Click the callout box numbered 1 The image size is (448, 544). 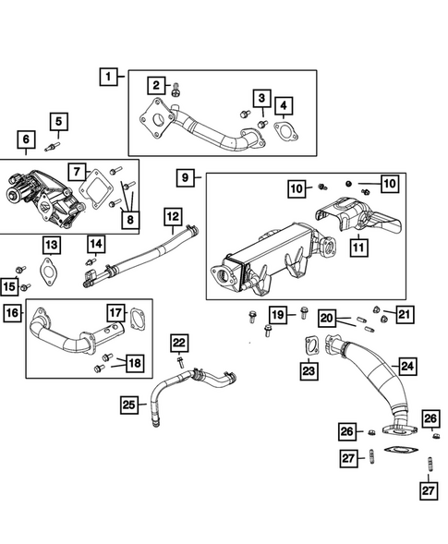point(110,78)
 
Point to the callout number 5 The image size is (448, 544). point(58,121)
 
